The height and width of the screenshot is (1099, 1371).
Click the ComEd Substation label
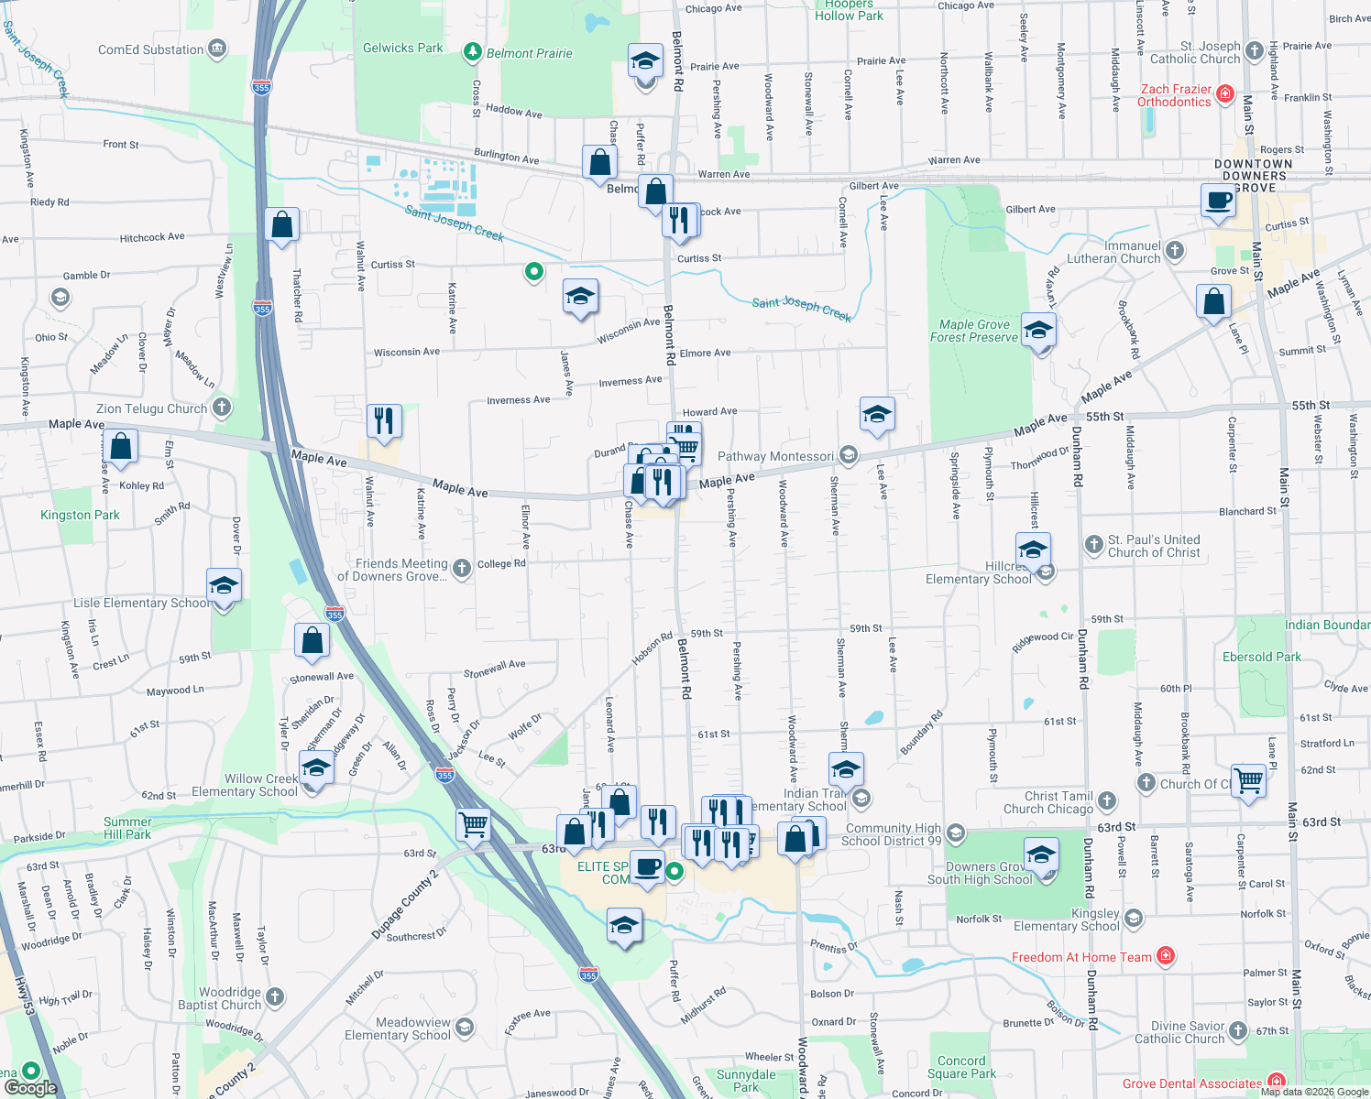click(151, 49)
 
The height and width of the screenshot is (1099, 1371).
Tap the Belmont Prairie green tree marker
click(473, 52)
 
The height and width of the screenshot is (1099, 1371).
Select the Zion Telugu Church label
click(152, 408)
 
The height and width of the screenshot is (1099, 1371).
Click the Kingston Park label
click(80, 515)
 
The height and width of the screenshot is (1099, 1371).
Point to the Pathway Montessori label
click(775, 456)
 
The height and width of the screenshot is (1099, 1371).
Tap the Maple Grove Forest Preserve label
click(974, 331)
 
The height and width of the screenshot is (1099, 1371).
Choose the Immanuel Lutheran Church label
click(1113, 252)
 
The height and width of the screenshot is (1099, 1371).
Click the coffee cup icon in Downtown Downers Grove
click(1218, 200)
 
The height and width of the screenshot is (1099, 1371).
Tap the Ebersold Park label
click(1262, 657)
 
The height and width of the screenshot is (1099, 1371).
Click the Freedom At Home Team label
click(1081, 957)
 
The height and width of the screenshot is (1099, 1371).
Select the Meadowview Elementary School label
click(398, 1028)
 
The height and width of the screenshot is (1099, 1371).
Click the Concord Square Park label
click(961, 1067)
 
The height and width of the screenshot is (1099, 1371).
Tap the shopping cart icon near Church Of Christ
click(1248, 780)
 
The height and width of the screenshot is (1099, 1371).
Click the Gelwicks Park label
click(402, 48)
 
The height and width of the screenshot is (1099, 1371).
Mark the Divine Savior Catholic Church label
click(1179, 1032)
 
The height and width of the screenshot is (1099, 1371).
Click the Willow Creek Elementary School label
click(245, 785)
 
